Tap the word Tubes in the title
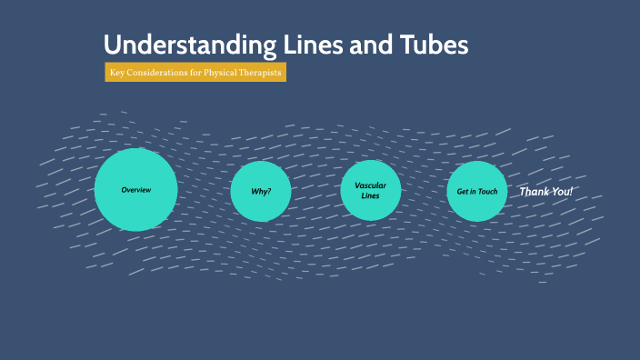pos(437,45)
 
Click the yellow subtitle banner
pos(195,72)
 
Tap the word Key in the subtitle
pos(116,72)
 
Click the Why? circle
pos(261,191)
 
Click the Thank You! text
pos(545,192)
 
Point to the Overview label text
pos(135,190)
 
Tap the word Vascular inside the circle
pos(371,185)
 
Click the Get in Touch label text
pos(477,192)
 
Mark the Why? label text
pos(261,192)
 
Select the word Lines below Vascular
pos(371,196)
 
